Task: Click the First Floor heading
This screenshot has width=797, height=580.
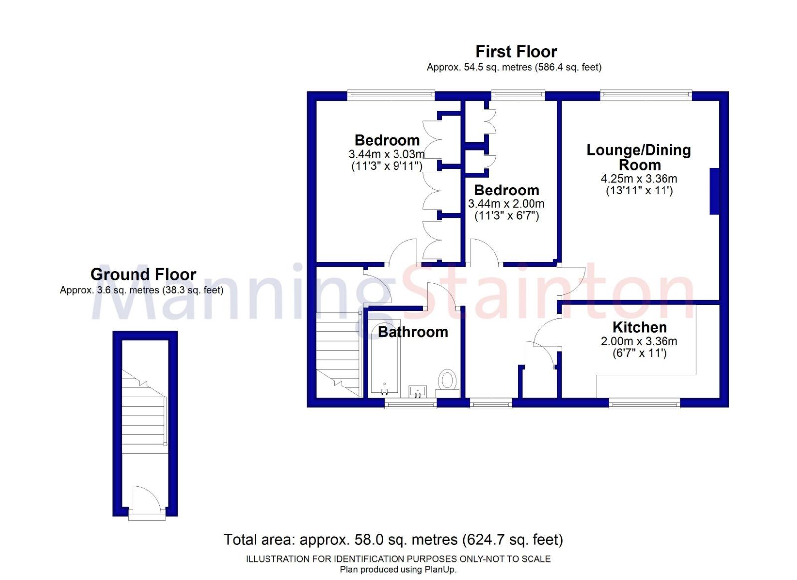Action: coord(516,52)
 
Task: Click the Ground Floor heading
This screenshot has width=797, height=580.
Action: coord(143,274)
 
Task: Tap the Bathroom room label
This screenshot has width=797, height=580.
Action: coord(412,332)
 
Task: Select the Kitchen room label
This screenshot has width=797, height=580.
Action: coord(640,327)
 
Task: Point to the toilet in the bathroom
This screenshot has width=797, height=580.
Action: coord(448,380)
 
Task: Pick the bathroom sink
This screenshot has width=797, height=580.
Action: coord(417,391)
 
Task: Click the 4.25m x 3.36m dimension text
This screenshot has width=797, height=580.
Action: coord(639,179)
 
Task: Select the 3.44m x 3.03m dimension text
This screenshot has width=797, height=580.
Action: coord(387,154)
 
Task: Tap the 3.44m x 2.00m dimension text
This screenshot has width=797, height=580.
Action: coord(506,204)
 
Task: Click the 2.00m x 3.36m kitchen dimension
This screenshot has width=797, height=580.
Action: coord(639,341)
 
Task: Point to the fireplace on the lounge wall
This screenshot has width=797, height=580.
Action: coord(715,192)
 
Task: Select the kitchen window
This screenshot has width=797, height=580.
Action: coord(645,403)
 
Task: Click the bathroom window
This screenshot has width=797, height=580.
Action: coord(410,403)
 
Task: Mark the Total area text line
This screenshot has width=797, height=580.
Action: coord(393,540)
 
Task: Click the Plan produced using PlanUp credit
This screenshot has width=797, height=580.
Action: coord(398,570)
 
